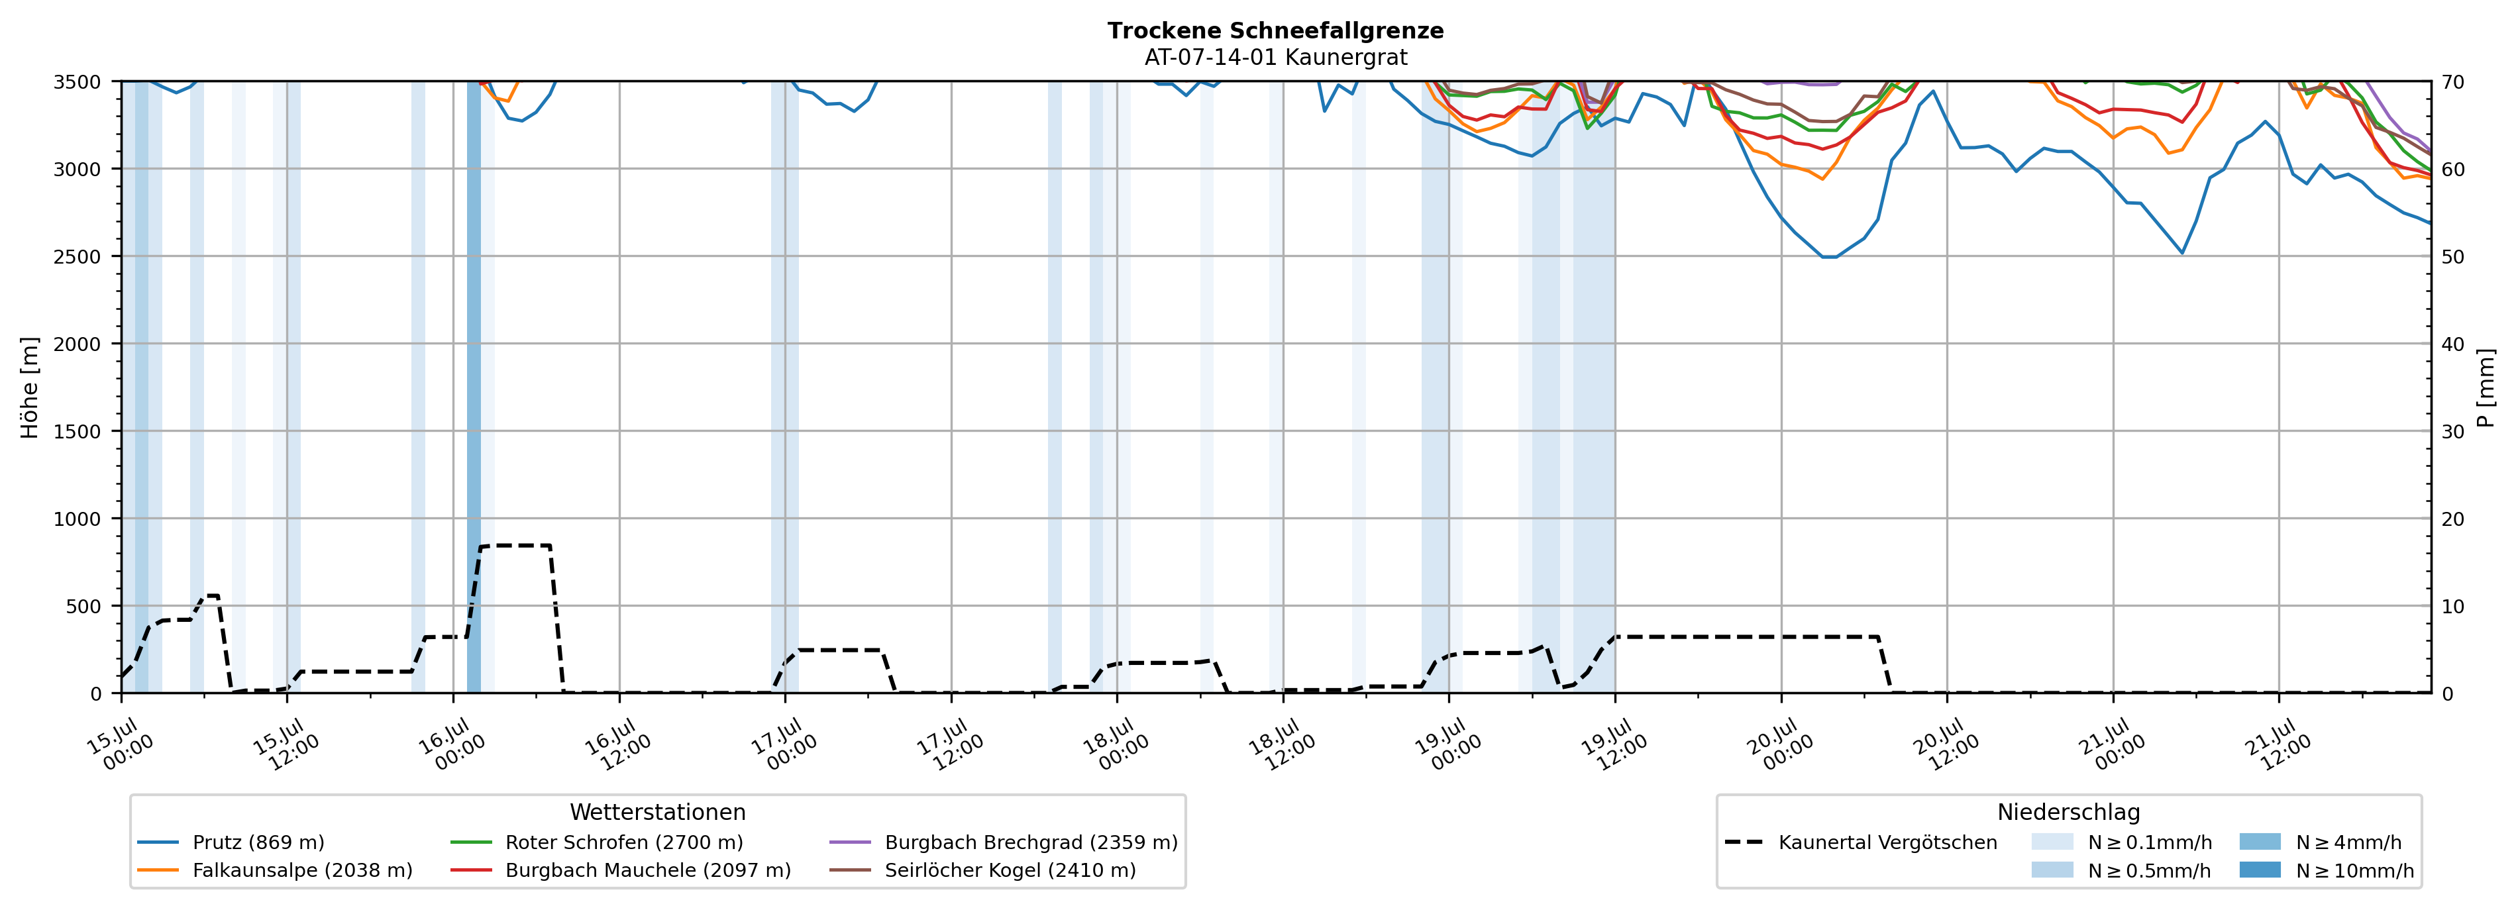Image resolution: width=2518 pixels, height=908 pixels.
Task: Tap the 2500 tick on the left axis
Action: coord(78,257)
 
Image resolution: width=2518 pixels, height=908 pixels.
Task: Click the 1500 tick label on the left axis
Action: coord(78,432)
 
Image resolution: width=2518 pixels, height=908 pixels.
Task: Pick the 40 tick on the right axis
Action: coord(2452,344)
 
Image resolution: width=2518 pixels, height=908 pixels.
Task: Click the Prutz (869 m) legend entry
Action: coord(231,842)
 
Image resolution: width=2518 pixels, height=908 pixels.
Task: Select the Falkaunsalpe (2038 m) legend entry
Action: coord(275,870)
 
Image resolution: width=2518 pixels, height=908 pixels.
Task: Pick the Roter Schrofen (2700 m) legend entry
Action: coord(596,842)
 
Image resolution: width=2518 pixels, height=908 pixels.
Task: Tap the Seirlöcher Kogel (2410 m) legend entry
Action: coord(982,870)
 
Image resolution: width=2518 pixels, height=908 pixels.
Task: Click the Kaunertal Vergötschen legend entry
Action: coord(1861,842)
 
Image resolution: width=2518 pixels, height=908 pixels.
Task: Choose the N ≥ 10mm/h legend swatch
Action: coord(2260,870)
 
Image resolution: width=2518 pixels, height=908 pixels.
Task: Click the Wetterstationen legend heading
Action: coord(658,812)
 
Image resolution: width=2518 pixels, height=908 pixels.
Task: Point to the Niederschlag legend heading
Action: coord(2068,812)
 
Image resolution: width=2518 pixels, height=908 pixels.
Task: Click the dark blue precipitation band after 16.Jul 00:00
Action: coord(474,387)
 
